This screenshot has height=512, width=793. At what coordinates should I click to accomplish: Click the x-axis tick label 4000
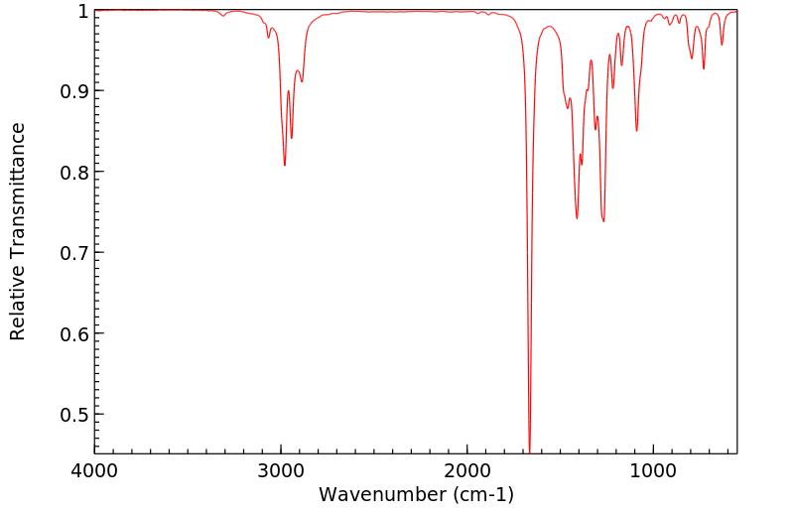coord(94,470)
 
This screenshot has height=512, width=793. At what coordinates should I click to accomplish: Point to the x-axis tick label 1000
coord(653,470)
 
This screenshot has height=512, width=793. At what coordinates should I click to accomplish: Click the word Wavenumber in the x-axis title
coord(380,494)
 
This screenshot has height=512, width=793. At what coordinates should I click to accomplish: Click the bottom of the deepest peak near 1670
coord(529,451)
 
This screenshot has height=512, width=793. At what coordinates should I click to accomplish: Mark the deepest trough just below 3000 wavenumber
coord(285,165)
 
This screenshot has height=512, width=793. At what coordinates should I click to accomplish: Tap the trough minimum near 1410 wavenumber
coord(577,218)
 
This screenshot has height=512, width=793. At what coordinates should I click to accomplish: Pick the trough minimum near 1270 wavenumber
coord(603,221)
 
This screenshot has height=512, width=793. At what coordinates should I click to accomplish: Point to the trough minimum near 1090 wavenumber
coord(636,131)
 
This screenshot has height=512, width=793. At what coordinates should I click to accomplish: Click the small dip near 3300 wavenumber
coord(222,16)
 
